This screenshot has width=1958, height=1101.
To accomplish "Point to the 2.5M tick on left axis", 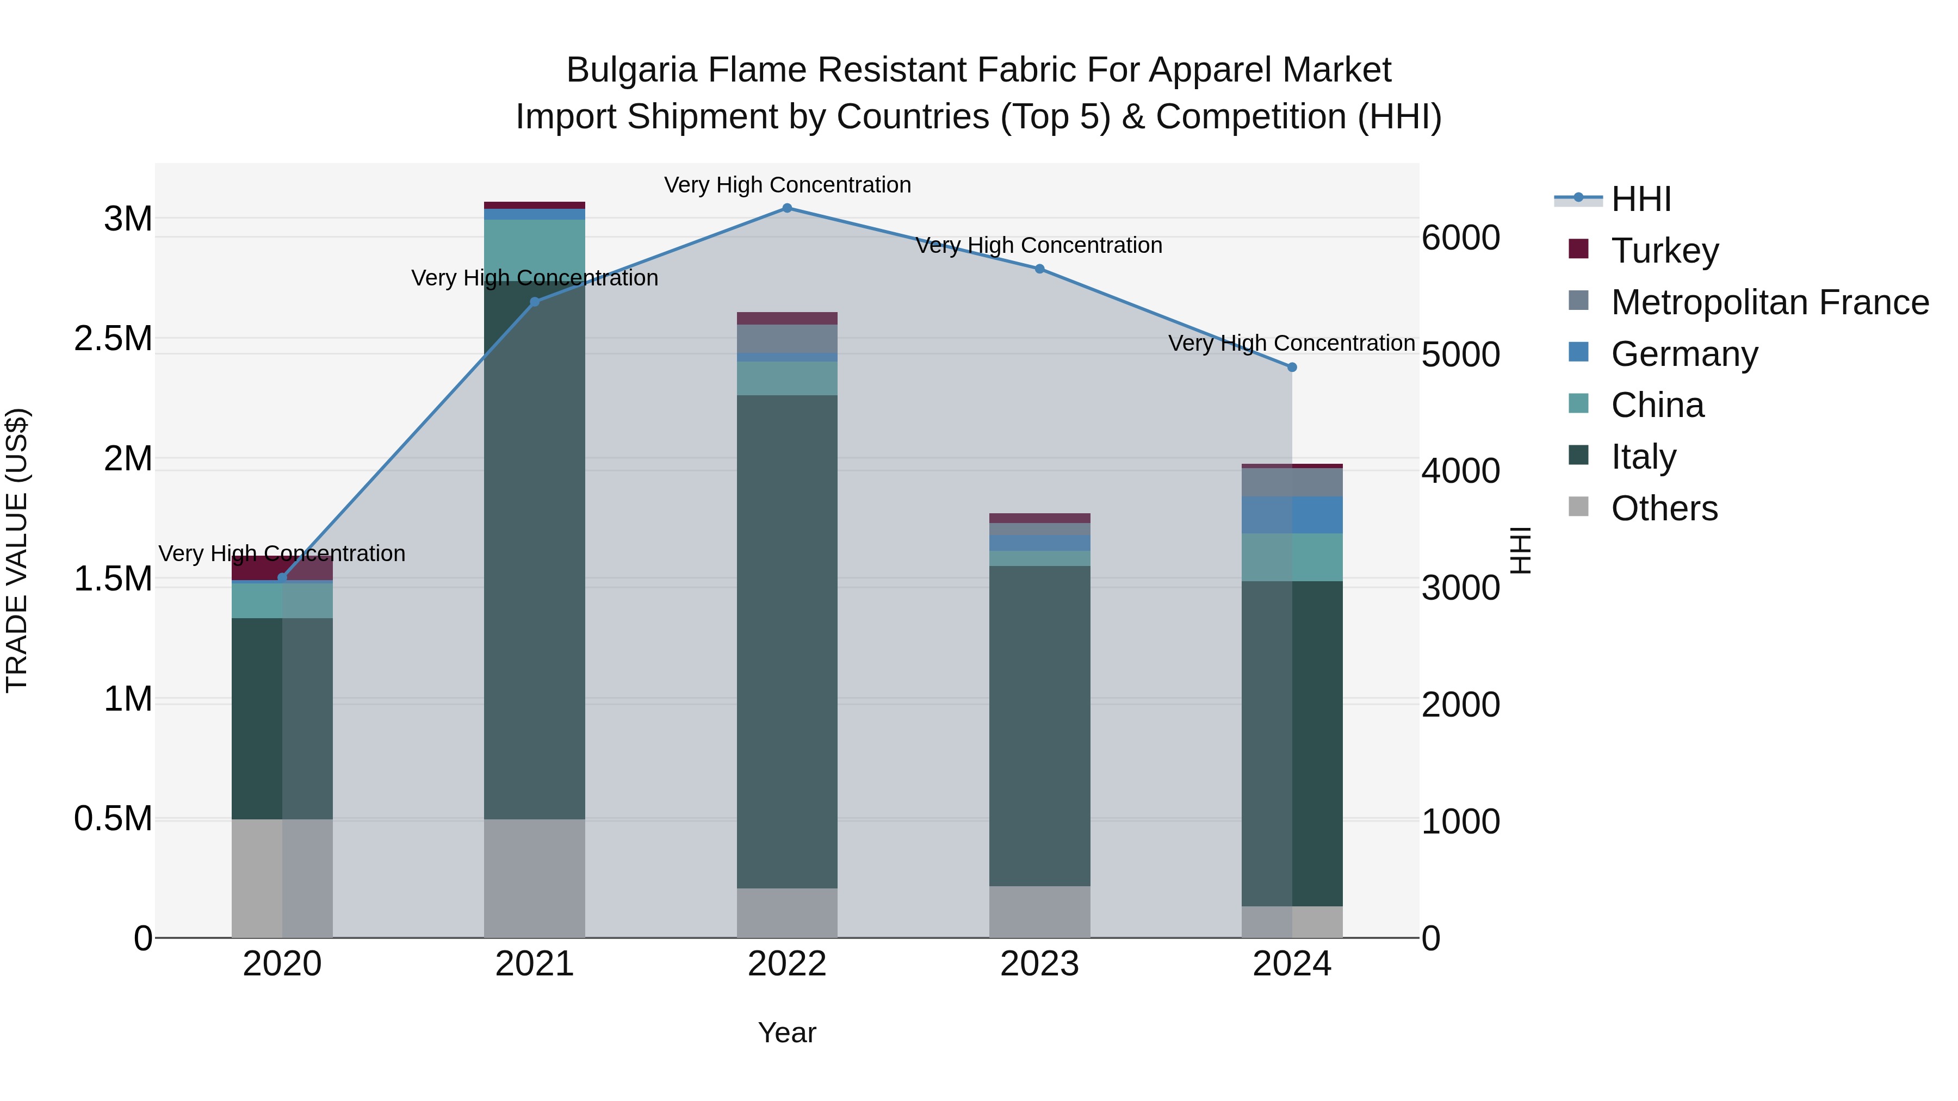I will [x=113, y=339].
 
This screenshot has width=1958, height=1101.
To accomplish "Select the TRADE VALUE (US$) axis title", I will [x=17, y=550].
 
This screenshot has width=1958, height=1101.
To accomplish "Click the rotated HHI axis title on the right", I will [x=1520, y=550].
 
